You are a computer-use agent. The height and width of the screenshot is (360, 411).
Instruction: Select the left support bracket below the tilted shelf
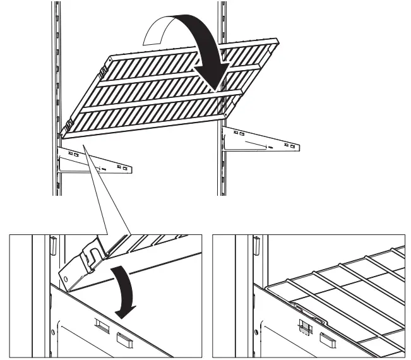pos(95,161)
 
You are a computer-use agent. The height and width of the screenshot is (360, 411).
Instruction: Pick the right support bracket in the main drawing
pos(262,142)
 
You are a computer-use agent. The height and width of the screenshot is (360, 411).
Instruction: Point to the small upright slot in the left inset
pos(54,241)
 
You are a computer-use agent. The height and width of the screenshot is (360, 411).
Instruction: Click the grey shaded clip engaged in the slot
pos(304,327)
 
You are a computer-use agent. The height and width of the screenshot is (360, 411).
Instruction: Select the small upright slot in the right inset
pos(257,242)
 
